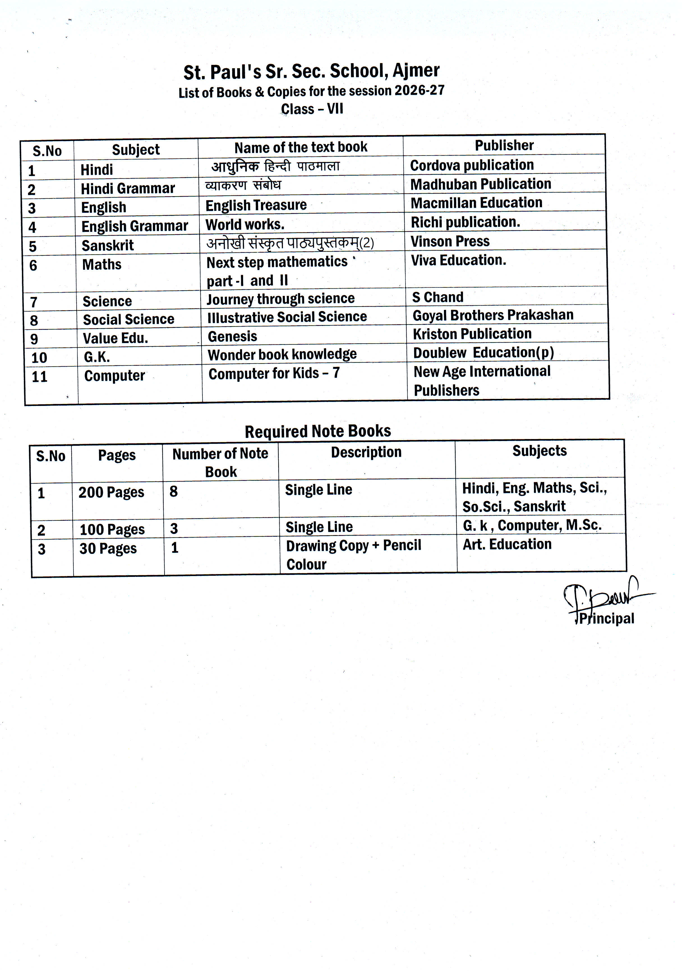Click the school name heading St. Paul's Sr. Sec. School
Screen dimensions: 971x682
click(312, 72)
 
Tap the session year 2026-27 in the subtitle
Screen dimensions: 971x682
click(419, 90)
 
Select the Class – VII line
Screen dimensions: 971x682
click(312, 109)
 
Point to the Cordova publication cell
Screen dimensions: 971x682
click(472, 165)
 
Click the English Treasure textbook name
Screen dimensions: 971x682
click(256, 205)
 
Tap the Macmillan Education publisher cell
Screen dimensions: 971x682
click(476, 203)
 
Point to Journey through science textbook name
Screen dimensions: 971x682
click(280, 299)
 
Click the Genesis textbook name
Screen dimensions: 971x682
click(232, 337)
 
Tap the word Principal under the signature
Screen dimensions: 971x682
click(606, 619)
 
